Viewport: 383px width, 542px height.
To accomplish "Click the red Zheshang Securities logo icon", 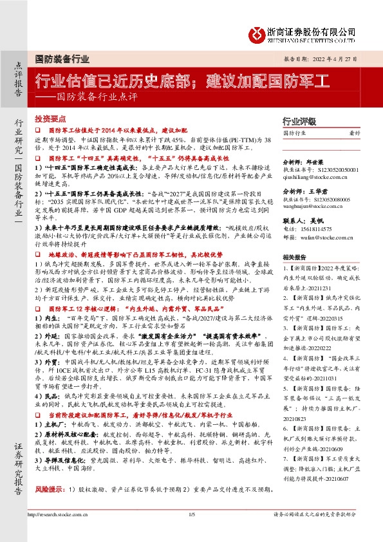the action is pos(257,33).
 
